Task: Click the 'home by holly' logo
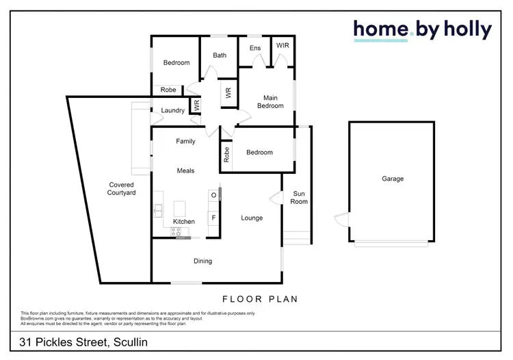click(x=422, y=29)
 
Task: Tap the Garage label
click(x=393, y=179)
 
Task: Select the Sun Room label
click(x=300, y=197)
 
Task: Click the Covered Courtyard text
click(x=122, y=189)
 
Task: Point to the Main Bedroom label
click(x=270, y=101)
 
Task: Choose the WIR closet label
click(x=282, y=45)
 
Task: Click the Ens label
click(x=254, y=48)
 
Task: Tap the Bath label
click(x=220, y=55)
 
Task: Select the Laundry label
click(x=173, y=110)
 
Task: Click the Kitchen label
click(x=184, y=222)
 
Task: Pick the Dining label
click(x=202, y=261)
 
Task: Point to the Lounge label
click(x=252, y=218)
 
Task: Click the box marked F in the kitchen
click(x=213, y=218)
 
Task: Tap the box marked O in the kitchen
click(x=213, y=195)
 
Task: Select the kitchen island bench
click(x=181, y=207)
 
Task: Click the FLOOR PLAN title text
click(x=260, y=299)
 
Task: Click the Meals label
click(x=185, y=170)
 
